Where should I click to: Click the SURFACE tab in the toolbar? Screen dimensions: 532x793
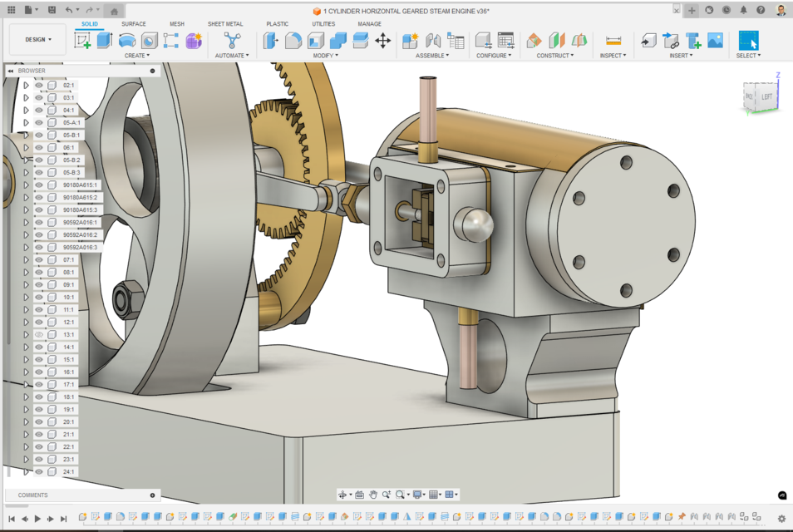pos(133,24)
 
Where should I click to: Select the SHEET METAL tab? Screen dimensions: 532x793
pos(225,24)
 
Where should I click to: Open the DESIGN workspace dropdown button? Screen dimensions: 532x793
pos(38,39)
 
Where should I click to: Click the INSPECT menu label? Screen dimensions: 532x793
pos(613,56)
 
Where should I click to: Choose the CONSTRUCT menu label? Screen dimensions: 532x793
pos(554,56)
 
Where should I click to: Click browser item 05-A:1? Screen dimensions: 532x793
pos(72,122)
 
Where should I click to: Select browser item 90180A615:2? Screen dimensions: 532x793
pos(80,197)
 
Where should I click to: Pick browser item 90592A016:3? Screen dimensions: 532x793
pos(80,247)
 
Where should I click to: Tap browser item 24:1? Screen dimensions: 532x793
pos(68,471)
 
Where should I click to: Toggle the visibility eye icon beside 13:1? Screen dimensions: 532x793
pos(39,334)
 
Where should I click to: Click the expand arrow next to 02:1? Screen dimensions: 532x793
pos(27,85)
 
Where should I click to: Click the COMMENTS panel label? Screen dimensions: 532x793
pos(33,495)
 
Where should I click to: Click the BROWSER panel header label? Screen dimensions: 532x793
pos(32,71)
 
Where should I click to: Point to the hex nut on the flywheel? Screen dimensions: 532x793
pos(129,299)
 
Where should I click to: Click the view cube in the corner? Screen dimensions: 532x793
pos(760,96)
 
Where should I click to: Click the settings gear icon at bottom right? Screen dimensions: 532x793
pos(781,519)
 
